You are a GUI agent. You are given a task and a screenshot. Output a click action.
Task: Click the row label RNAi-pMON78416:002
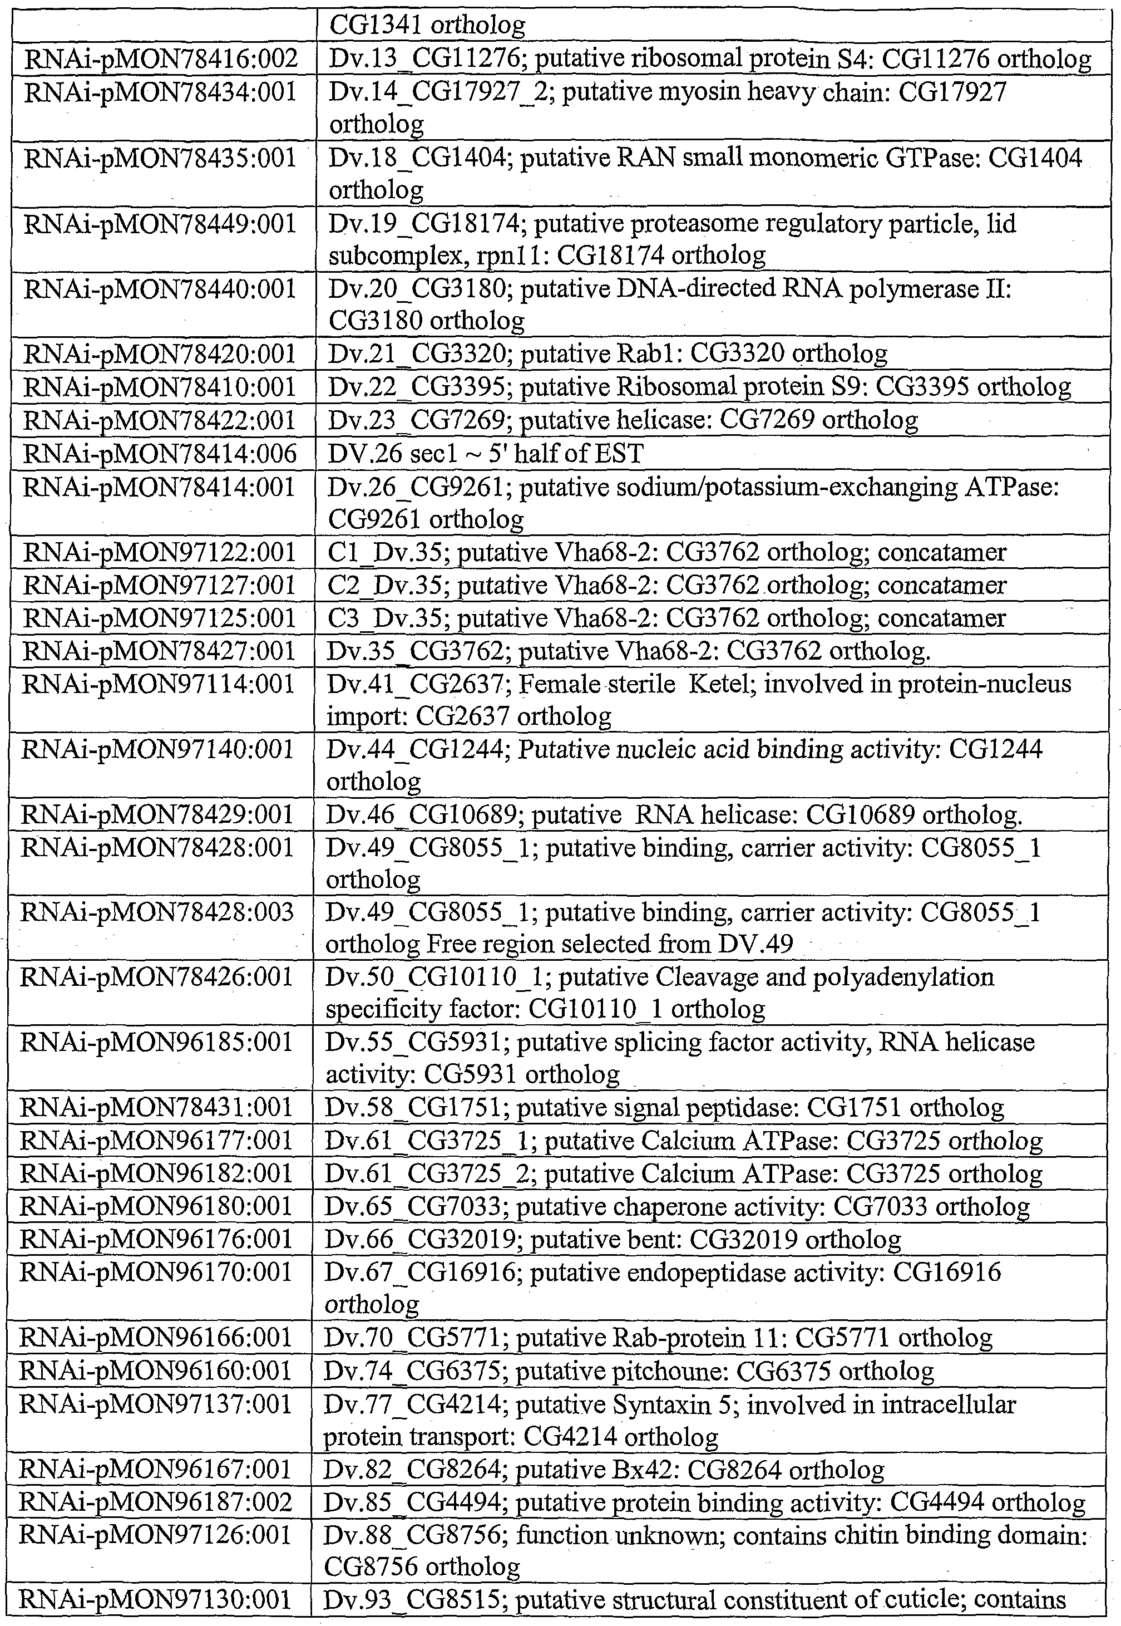(161, 59)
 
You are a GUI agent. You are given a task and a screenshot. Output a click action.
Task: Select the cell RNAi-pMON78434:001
(161, 92)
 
